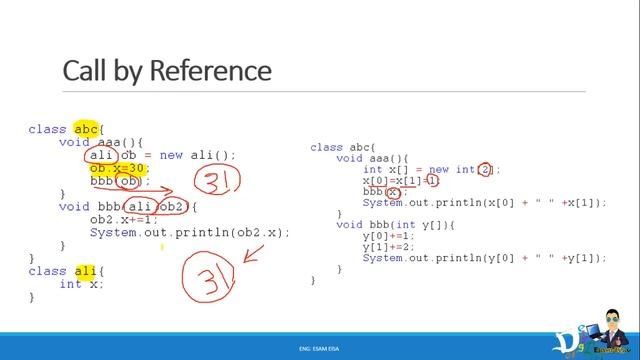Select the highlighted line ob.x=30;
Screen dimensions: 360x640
[118, 168]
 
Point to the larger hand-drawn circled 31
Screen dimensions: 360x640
[208, 272]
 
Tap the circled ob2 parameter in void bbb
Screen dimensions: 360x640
[172, 207]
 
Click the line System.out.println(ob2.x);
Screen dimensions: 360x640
[189, 232]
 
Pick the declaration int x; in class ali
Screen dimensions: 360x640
[81, 284]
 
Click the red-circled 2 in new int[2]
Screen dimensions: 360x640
[485, 170]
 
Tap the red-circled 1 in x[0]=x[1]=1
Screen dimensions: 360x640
[432, 181]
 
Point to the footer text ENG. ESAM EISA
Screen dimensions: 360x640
[319, 347]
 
